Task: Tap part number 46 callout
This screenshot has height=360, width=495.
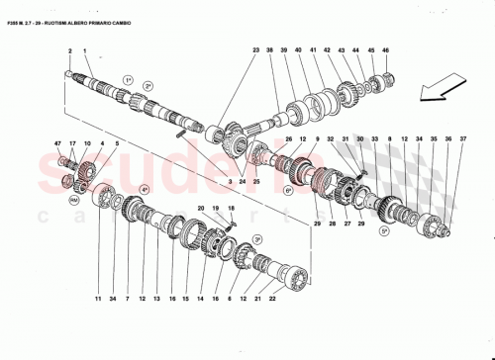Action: tap(386, 49)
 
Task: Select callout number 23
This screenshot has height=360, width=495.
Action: tap(255, 49)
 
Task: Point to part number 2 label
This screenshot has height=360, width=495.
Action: tap(70, 49)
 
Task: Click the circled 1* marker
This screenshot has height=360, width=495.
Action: tap(128, 79)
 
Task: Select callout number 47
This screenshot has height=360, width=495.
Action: tap(58, 144)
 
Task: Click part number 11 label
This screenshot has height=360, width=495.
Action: tap(98, 298)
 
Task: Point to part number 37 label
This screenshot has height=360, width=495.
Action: tap(461, 139)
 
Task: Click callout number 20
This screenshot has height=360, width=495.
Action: tap(201, 209)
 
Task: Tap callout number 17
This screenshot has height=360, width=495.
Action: tap(73, 144)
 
